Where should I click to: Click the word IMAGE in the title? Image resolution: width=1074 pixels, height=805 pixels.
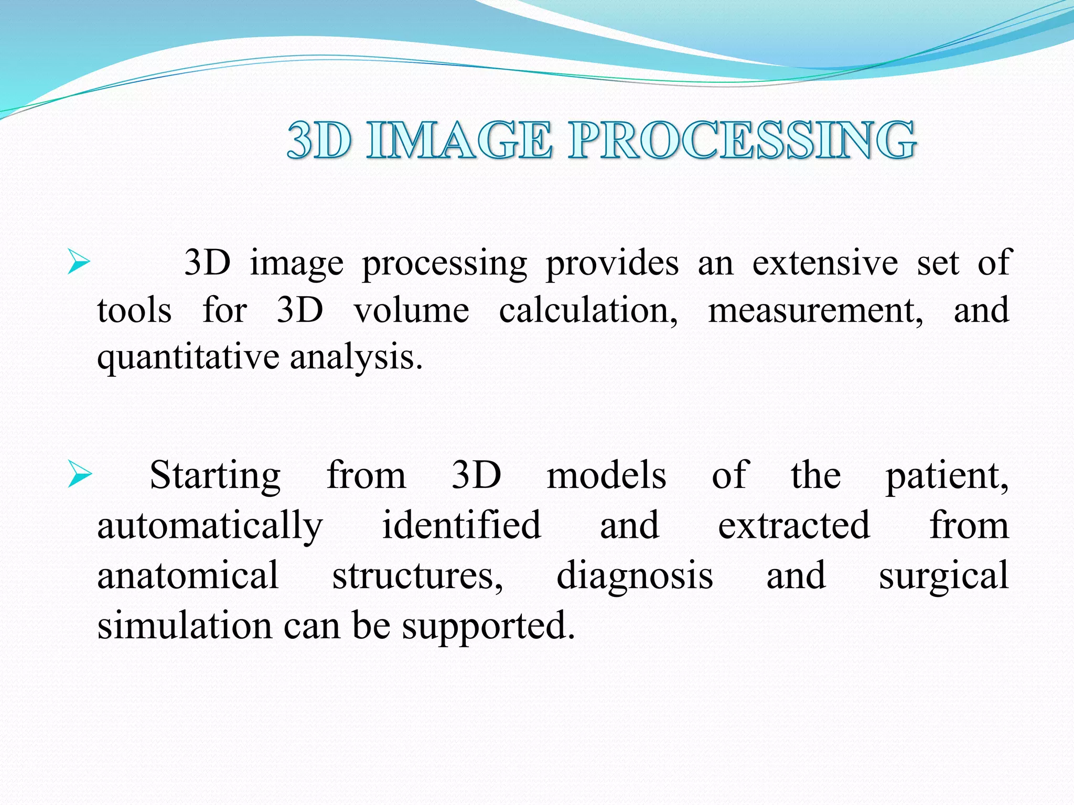[459, 140]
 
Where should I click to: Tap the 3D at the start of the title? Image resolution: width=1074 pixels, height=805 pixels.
[319, 140]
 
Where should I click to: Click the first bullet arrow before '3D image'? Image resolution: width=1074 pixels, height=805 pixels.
[79, 262]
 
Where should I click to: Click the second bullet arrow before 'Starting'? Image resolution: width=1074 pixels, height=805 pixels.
[80, 475]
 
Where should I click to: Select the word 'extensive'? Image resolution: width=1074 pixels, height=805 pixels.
[825, 263]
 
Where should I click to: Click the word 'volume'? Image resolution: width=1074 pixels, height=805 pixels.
[411, 310]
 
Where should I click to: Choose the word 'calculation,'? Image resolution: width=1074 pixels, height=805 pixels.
[588, 310]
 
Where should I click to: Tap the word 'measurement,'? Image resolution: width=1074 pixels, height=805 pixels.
[815, 310]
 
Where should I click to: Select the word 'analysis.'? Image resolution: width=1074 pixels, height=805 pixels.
[356, 358]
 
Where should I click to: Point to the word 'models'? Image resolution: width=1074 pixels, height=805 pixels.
[606, 475]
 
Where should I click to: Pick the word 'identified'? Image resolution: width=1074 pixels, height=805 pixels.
[461, 525]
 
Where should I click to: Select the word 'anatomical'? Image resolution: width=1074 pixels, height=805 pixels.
[188, 575]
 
